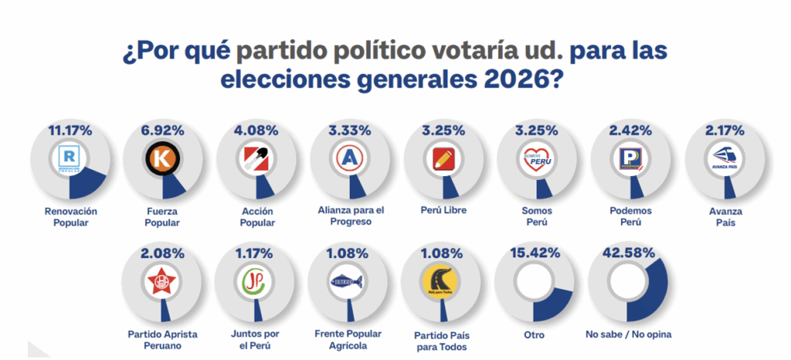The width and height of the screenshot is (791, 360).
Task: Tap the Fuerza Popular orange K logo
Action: point(161,160)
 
